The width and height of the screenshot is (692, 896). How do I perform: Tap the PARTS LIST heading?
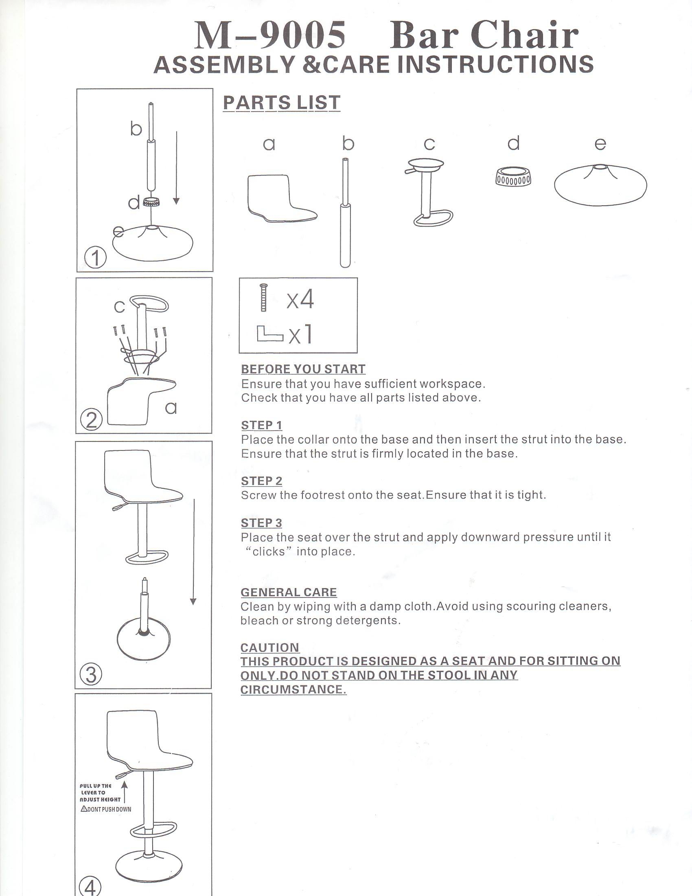(x=282, y=103)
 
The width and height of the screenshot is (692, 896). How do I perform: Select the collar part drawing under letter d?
(x=513, y=177)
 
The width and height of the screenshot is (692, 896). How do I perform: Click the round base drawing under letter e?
(x=600, y=184)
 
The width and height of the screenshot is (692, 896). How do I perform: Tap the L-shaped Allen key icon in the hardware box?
(x=269, y=334)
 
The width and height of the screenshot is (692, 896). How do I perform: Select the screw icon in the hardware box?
(x=263, y=297)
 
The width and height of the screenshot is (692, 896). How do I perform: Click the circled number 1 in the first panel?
(x=95, y=258)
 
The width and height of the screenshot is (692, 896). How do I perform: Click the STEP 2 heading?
(x=262, y=481)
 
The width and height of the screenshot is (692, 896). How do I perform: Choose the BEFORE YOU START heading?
(x=303, y=369)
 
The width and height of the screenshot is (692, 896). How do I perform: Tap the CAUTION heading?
(x=270, y=648)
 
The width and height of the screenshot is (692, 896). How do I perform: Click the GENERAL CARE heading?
(x=289, y=593)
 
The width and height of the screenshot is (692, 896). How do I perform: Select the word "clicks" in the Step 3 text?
(x=268, y=551)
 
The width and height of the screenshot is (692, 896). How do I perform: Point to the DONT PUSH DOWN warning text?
(x=106, y=809)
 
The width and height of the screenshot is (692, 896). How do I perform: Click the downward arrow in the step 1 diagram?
(x=176, y=168)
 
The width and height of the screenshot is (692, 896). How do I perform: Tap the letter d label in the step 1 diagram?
(x=134, y=203)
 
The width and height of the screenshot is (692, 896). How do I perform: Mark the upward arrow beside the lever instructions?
(x=124, y=792)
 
